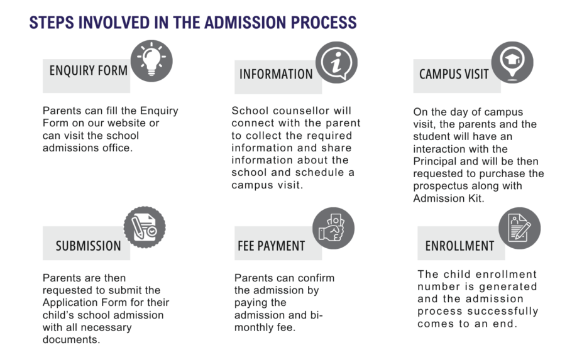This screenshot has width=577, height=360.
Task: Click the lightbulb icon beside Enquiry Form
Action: point(151,62)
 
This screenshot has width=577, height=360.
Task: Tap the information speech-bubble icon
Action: point(336,62)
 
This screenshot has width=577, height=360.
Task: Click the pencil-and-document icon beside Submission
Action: point(145,227)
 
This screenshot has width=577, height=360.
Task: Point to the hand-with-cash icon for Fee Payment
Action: point(333,228)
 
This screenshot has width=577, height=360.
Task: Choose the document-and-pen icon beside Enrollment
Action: point(519,228)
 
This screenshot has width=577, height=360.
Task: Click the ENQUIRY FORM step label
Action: point(89,70)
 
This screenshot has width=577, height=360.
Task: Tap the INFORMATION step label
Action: point(276,74)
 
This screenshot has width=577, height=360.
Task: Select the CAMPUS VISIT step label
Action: point(454,74)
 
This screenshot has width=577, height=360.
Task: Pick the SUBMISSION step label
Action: point(88,246)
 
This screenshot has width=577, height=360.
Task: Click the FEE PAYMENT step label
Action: point(272,246)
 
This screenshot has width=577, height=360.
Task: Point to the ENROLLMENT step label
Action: point(459,246)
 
